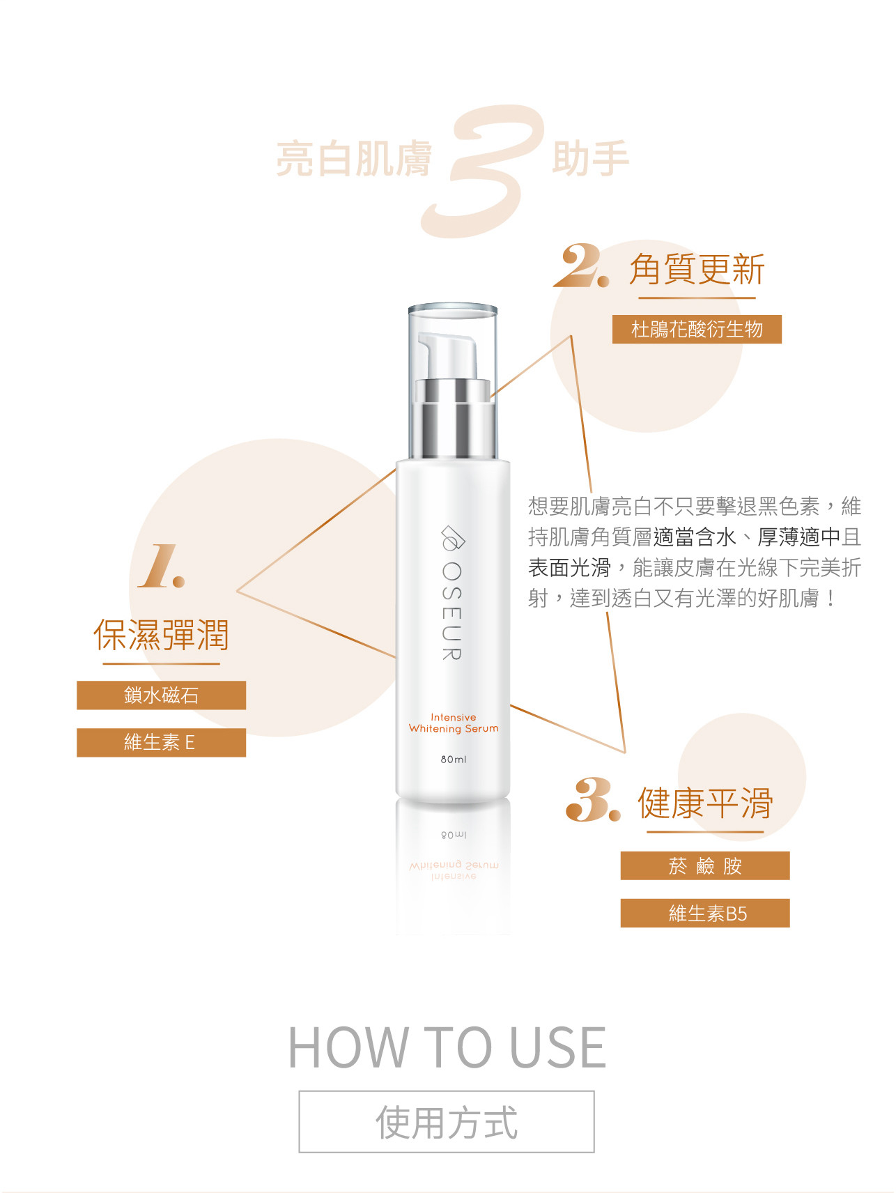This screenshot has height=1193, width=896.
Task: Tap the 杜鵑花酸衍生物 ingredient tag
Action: click(697, 329)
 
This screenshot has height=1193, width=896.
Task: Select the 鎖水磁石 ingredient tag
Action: click(161, 695)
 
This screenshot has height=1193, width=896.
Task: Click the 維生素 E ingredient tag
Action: click(161, 743)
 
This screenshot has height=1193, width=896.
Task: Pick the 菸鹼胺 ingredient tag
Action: click(705, 866)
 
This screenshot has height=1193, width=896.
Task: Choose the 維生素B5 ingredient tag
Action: click(705, 914)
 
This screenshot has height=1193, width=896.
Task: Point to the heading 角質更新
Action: click(697, 270)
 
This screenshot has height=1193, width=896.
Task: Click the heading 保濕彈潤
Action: click(161, 635)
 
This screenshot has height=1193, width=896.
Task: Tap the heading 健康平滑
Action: click(705, 803)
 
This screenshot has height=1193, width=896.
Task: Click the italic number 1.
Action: click(162, 567)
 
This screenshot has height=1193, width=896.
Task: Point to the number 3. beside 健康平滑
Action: click(593, 800)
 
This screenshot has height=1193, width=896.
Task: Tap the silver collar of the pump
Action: click(453, 418)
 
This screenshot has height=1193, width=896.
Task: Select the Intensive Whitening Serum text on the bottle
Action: click(454, 723)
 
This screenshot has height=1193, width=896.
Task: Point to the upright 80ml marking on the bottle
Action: click(454, 759)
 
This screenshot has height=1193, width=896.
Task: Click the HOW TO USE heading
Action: click(447, 1047)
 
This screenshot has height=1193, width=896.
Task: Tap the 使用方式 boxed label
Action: click(447, 1122)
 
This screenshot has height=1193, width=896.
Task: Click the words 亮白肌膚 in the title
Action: click(354, 158)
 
